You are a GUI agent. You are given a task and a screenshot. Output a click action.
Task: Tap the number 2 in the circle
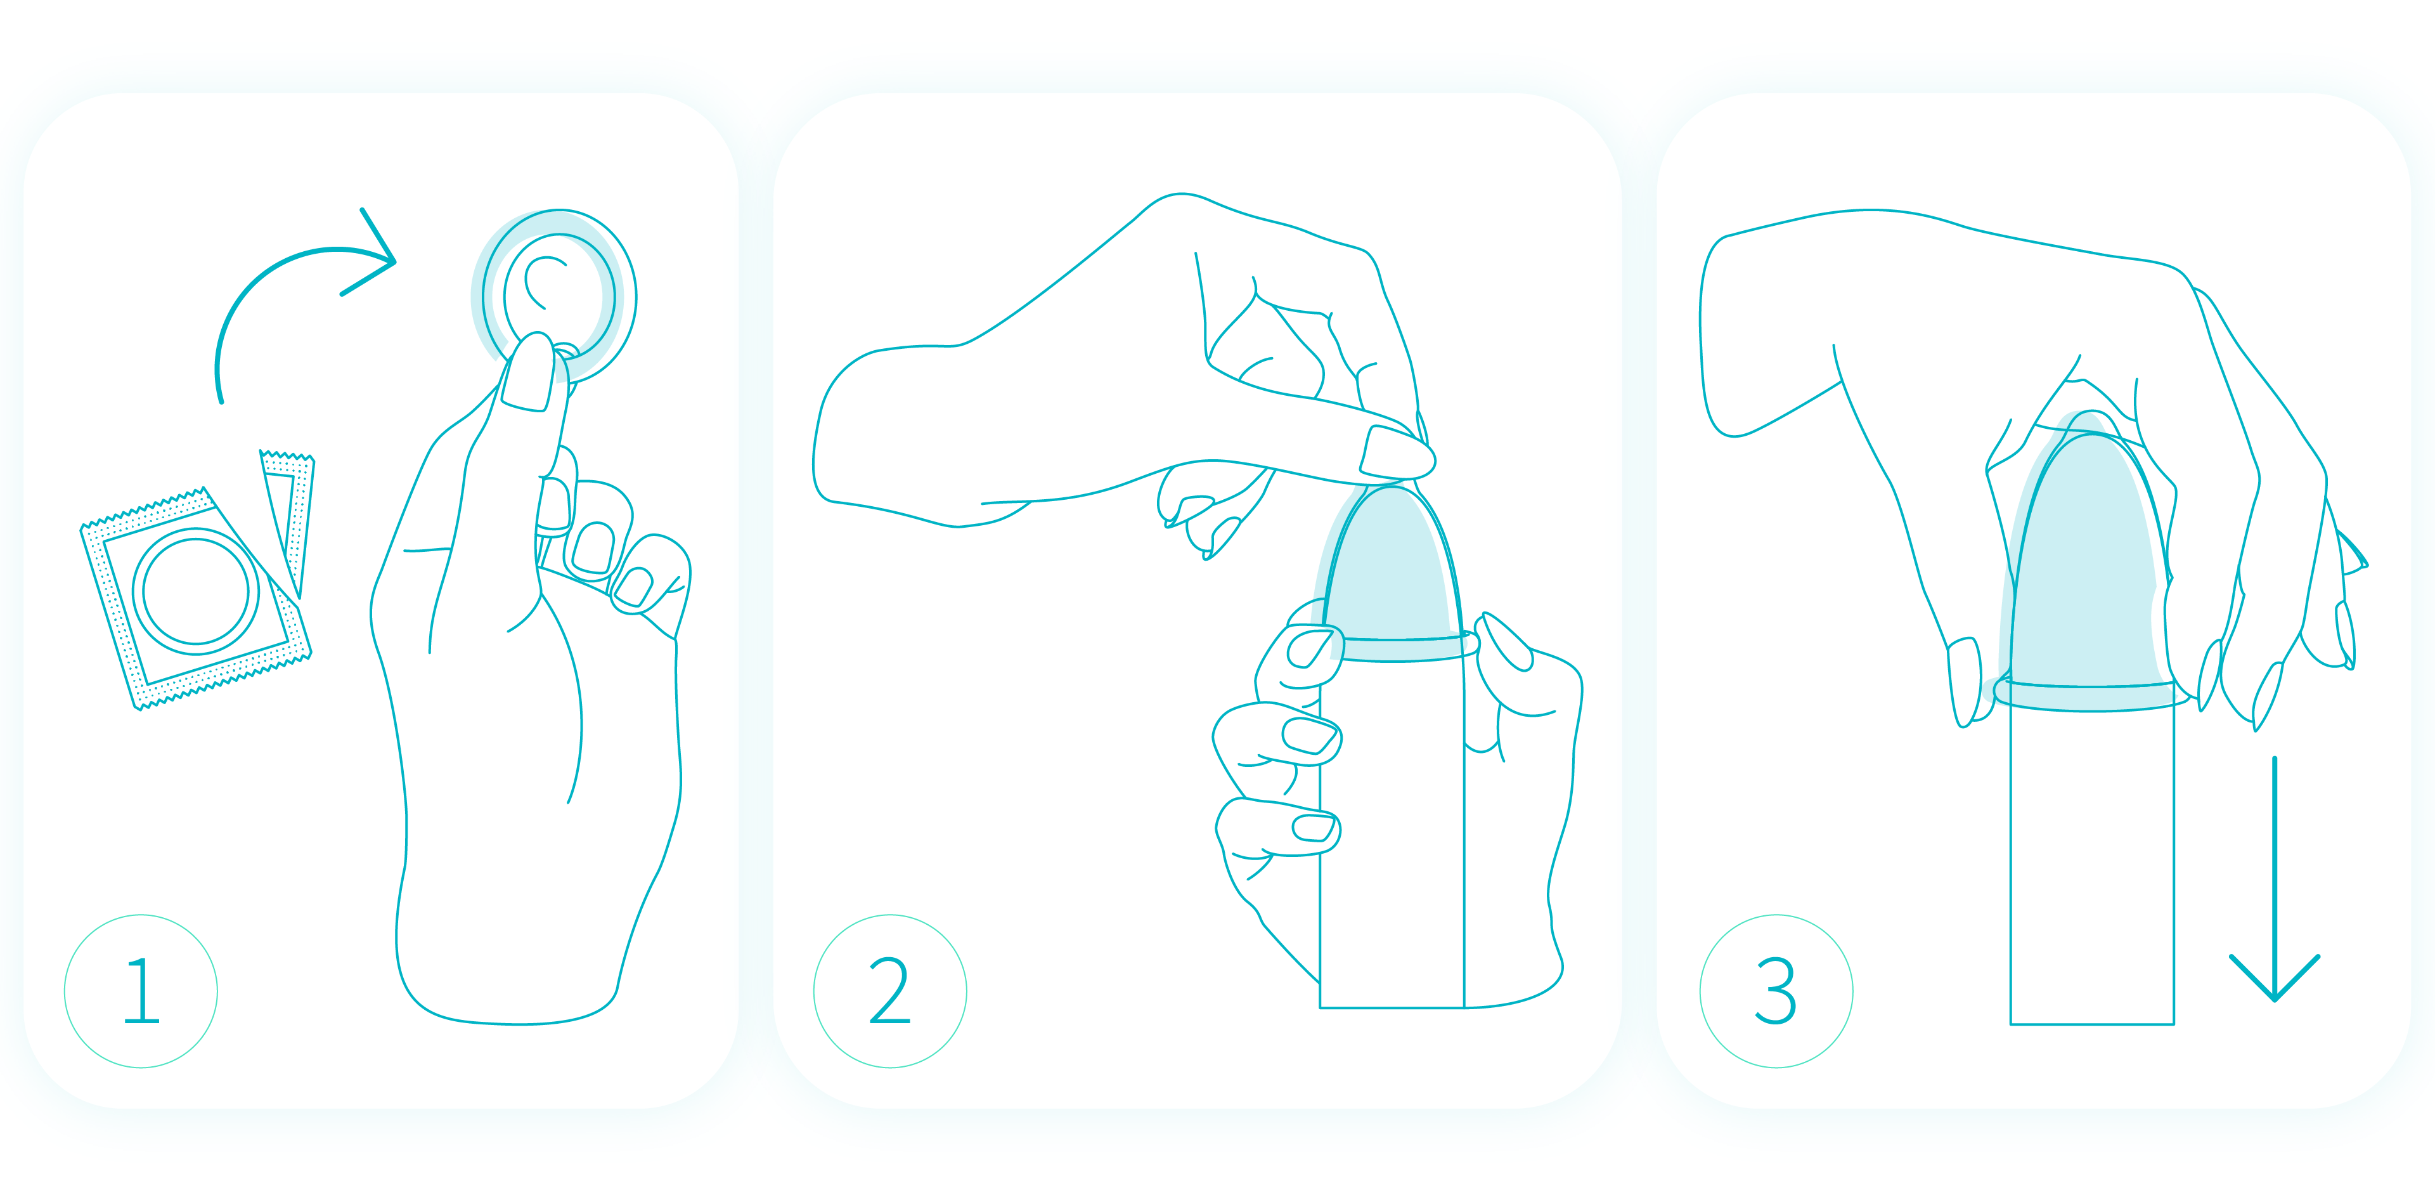coord(889,991)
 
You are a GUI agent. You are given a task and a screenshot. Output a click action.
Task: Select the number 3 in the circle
coord(1775,991)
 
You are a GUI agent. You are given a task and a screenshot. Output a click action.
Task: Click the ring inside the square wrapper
coord(196,591)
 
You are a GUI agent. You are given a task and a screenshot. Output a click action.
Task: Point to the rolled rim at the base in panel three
coord(2091,697)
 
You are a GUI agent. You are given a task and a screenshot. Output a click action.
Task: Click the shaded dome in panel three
coord(2089,558)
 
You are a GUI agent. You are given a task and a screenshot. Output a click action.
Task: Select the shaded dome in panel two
coord(1390,568)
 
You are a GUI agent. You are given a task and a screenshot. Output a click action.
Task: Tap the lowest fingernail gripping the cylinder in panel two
coord(1314,828)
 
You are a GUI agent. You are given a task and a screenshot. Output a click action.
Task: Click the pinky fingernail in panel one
coord(633,586)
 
